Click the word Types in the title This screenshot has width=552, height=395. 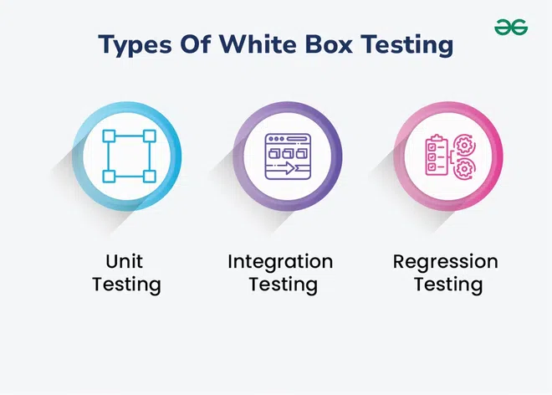135,44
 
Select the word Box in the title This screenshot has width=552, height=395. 329,44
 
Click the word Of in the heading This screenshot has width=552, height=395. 196,44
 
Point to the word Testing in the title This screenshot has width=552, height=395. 407,44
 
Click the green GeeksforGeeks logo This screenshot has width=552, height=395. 511,27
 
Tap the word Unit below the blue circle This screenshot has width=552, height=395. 125,261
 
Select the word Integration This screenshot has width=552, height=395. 280,262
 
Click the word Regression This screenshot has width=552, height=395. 445,262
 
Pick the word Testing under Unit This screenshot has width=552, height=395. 127,285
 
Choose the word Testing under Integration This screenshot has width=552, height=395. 284,285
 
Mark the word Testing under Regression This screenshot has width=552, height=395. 448,285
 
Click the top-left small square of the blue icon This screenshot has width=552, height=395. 109,136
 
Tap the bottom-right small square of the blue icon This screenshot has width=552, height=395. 150,177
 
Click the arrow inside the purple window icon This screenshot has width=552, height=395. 286,167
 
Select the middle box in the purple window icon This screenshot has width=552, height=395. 288,153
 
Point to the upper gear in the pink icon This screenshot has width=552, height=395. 464,145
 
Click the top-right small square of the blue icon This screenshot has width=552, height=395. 150,136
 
